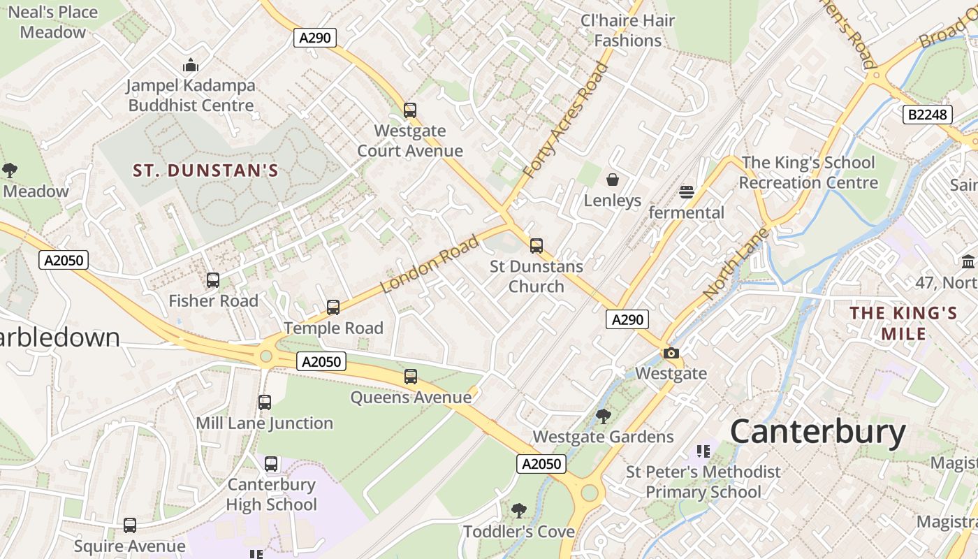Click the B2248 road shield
927,115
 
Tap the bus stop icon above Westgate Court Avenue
410,110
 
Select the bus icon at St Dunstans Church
537,246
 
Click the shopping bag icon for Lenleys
613,180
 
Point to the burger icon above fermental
687,192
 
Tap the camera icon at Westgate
671,353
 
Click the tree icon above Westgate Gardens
604,416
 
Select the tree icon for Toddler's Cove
518,511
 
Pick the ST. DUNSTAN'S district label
206,170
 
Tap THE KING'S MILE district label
903,323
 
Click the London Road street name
430,264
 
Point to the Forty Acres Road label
566,119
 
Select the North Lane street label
736,264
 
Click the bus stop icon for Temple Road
333,307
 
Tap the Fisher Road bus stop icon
213,280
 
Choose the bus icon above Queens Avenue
411,377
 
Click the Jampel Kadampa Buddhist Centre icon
191,66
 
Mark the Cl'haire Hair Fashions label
627,31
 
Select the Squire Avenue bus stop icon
130,525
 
